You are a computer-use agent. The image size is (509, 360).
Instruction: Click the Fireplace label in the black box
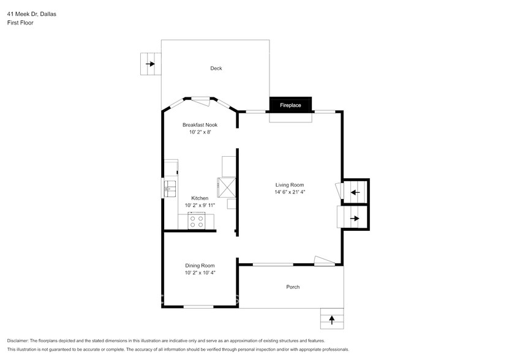290,105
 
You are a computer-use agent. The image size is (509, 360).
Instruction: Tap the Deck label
216,69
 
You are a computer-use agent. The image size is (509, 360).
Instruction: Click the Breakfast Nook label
200,125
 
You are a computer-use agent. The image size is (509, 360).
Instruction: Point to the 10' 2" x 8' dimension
200,132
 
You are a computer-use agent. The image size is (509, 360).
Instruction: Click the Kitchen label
200,198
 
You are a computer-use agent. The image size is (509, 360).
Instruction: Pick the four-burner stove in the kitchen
197,222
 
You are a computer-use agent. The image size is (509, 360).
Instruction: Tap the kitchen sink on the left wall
169,187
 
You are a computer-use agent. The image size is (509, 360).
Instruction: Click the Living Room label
290,185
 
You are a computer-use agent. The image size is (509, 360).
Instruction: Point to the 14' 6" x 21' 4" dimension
290,192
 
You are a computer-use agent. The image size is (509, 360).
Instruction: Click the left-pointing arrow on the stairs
355,193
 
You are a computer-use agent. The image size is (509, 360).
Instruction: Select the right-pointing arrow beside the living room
354,218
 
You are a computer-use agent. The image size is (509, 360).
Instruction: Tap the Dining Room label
200,265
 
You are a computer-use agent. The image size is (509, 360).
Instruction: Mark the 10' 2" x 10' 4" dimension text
200,272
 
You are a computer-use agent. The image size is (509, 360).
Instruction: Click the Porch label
293,287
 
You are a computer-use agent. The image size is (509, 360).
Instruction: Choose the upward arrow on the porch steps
332,319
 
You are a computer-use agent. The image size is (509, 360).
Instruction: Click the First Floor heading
20,23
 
